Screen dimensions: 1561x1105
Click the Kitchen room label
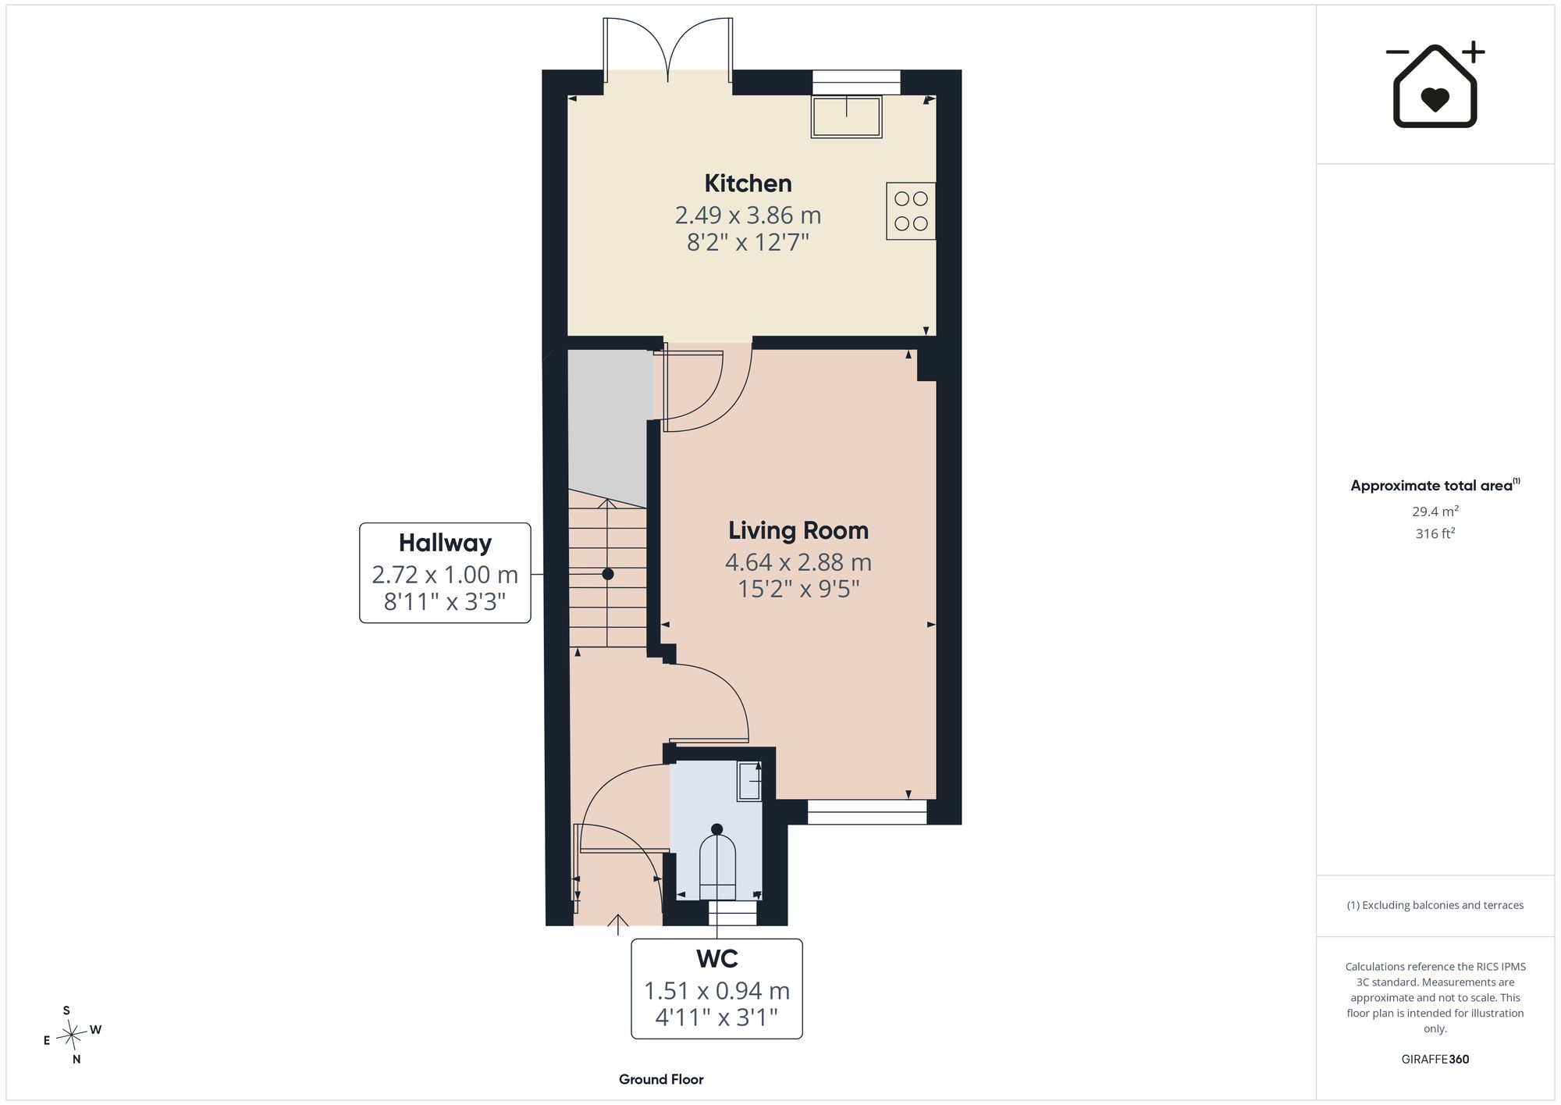tap(748, 184)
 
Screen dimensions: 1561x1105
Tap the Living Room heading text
tap(798, 530)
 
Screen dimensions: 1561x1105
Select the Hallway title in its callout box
tap(445, 543)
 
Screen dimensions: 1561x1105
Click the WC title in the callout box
tap(716, 958)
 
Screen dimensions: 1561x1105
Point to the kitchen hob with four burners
tap(911, 211)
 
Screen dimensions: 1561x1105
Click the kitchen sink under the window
tap(847, 116)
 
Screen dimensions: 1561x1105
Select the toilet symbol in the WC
tap(717, 864)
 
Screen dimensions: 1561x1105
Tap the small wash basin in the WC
tap(750, 780)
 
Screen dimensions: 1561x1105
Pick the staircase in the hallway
tap(608, 574)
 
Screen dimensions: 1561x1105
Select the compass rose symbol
tap(72, 1035)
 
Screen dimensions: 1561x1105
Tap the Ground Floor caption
tap(661, 1079)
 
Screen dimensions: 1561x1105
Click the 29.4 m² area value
tap(1435, 512)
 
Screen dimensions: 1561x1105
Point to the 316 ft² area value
tap(1435, 533)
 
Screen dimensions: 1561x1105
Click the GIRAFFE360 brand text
tap(1435, 1060)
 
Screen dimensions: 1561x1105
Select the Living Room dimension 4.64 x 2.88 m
tap(798, 562)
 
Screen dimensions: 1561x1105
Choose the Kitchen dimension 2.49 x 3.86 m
tap(748, 215)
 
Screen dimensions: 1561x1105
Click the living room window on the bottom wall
tap(867, 812)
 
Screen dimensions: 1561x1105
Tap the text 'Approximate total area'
tap(1431, 486)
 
